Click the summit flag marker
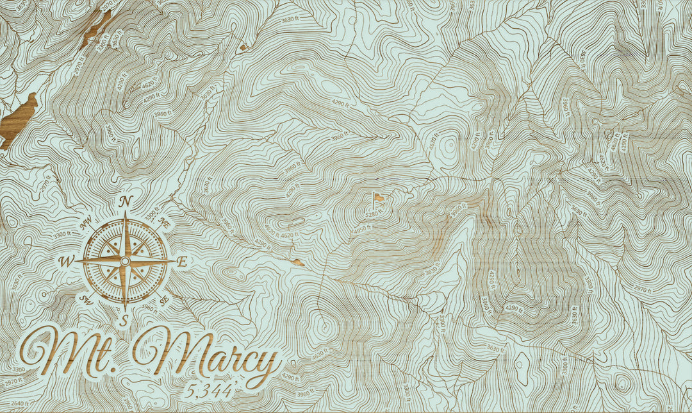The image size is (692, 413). [379, 198]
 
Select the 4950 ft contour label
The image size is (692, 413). [363, 229]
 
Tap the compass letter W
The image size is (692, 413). [65, 262]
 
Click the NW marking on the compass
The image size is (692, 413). [86, 223]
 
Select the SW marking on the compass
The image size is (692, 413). [85, 299]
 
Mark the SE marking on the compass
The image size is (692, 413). [165, 299]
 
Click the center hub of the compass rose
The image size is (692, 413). [125, 261]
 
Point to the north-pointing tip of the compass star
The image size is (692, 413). [126, 215]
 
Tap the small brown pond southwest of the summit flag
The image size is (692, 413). [299, 262]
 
